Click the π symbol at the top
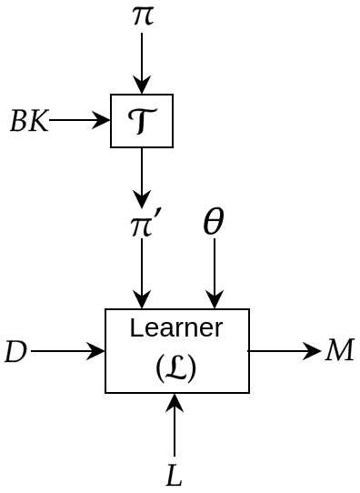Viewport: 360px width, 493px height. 142,15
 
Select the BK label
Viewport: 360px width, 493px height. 28,121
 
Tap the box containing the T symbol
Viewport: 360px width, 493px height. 142,121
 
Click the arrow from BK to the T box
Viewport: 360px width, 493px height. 80,120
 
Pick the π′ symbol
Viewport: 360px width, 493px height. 145,224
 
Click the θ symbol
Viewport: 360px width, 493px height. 214,222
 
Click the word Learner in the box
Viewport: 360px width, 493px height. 176,327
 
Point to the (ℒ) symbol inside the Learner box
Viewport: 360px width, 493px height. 176,367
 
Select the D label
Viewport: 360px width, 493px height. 15,351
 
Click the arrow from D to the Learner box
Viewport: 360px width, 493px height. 68,351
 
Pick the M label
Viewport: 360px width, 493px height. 339,350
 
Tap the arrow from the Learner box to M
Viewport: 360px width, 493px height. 284,351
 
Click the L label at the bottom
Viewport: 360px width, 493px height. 175,476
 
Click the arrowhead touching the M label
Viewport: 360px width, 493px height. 315,351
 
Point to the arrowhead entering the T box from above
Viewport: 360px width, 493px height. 142,87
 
